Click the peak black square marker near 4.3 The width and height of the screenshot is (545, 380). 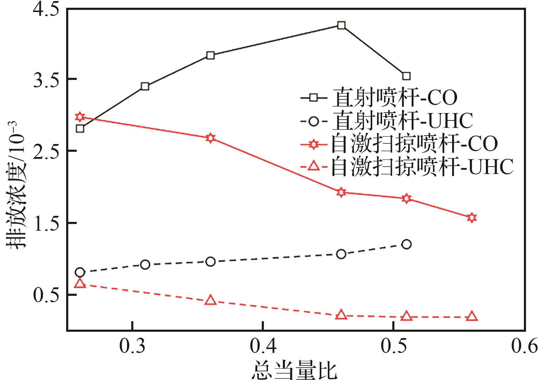coord(341,25)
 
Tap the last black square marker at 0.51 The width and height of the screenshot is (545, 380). coord(406,76)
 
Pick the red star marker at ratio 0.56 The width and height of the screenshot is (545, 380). coord(472,217)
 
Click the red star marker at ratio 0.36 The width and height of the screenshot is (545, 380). coord(210,138)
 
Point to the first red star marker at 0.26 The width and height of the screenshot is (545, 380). coord(80,117)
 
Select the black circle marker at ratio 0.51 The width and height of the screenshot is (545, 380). coord(406,244)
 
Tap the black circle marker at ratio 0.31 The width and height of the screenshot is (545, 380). coord(145,264)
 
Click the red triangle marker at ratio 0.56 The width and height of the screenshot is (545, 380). coord(472,316)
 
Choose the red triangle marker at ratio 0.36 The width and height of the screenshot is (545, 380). coord(210,300)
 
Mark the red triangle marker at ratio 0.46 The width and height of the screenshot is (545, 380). coord(341,315)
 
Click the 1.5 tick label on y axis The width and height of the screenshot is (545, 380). coord(46,223)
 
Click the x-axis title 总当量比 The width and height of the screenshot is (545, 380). coord(294,370)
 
